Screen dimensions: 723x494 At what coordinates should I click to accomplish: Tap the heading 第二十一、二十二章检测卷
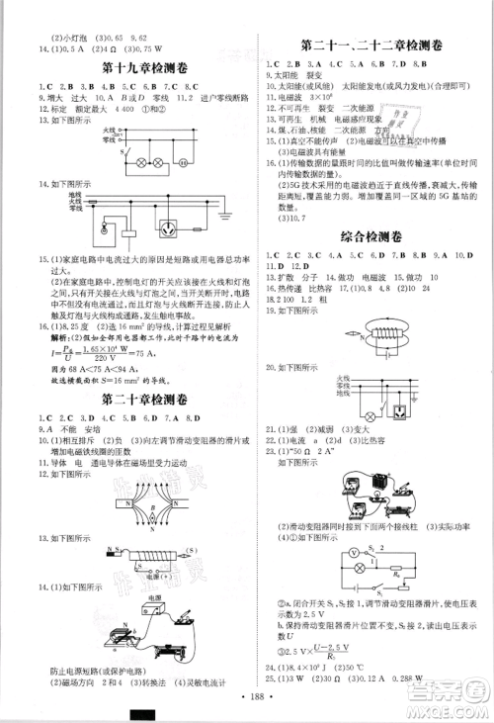point(370,46)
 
